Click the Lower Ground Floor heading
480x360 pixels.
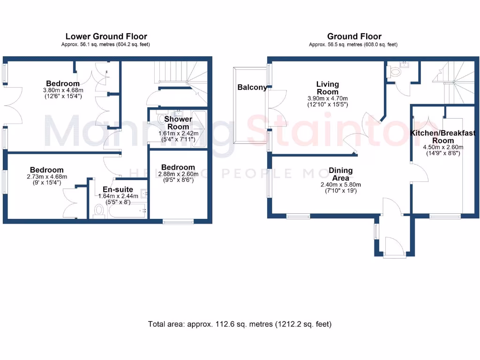(x=106, y=37)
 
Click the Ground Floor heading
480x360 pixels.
(x=354, y=37)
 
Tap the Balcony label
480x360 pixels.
(x=252, y=87)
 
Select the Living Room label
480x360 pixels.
(x=327, y=88)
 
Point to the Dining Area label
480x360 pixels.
(x=340, y=174)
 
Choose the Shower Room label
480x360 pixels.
(x=178, y=123)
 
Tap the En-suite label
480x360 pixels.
(x=118, y=190)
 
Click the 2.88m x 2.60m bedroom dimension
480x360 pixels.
(x=178, y=174)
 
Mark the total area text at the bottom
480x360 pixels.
(x=240, y=324)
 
